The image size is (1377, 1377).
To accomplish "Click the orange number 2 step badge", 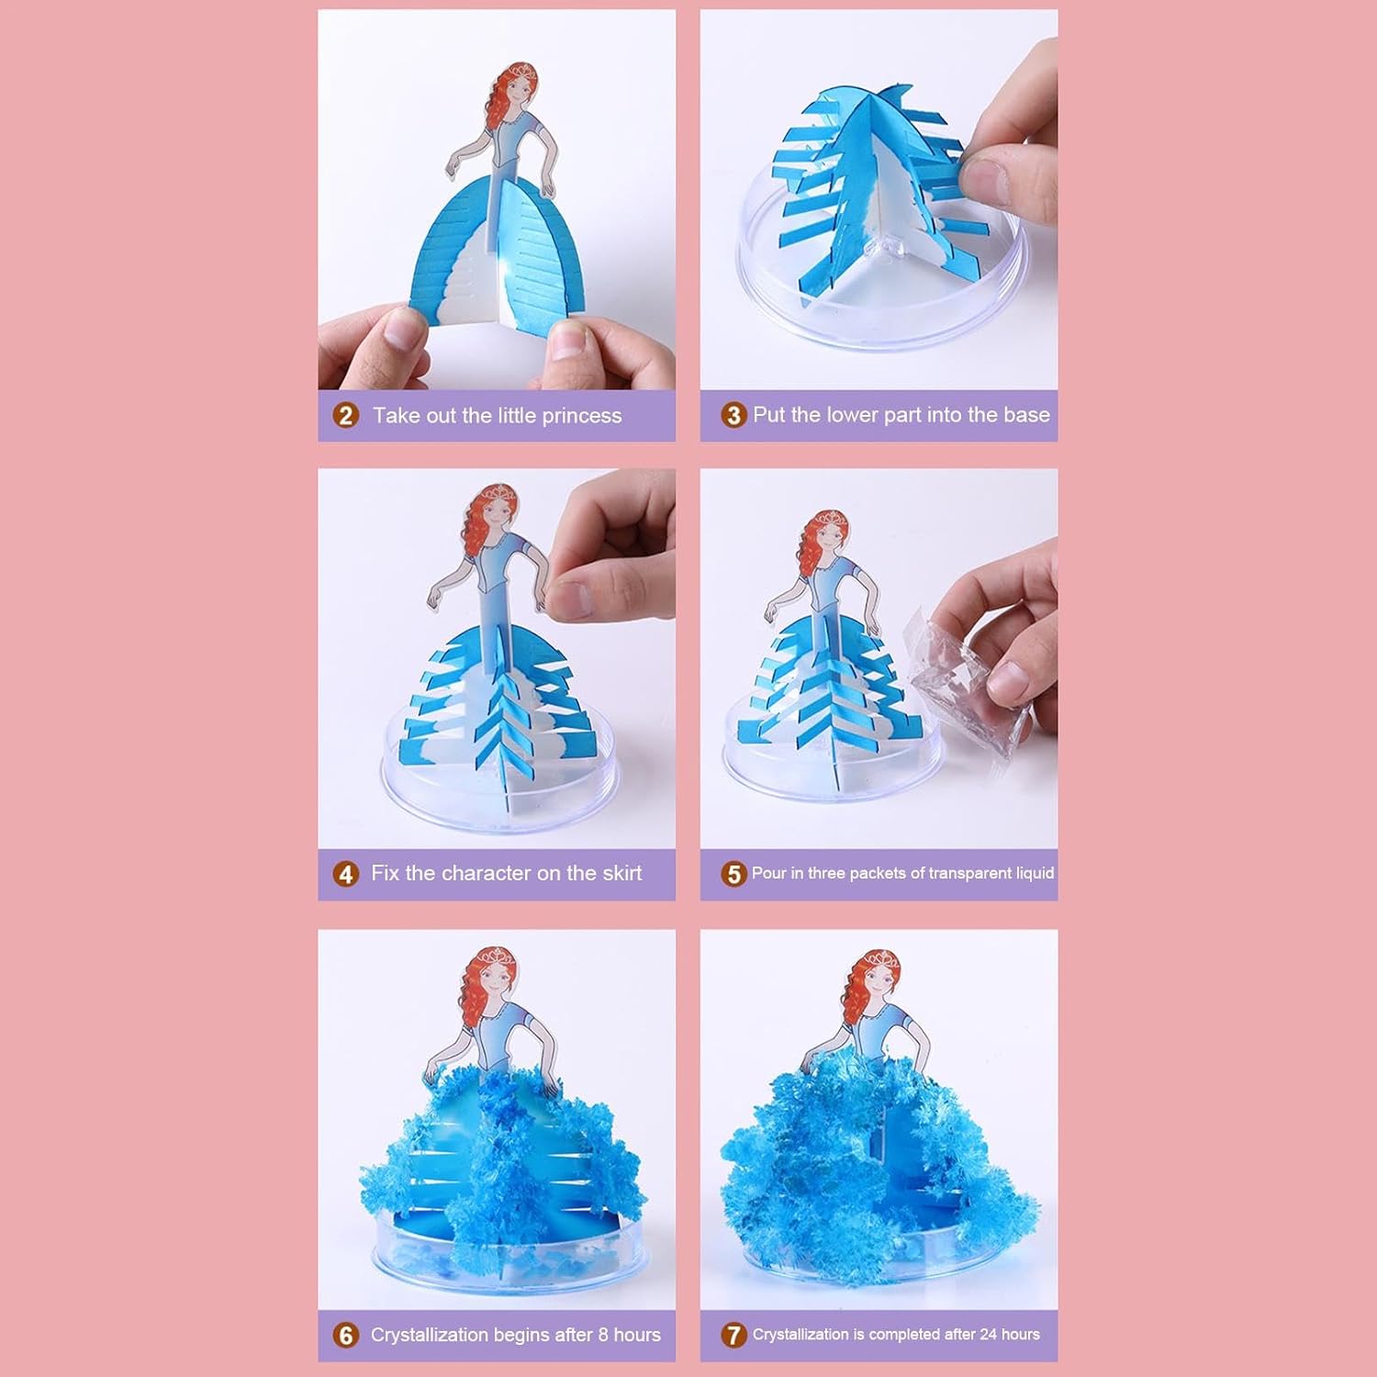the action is coord(345,416).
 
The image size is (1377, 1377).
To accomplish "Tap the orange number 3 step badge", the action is coord(733,415).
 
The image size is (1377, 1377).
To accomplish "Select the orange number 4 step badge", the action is coord(345,874).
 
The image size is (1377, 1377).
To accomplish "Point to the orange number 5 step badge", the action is coord(733,874).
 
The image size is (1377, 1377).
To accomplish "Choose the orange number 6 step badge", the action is coord(345,1335).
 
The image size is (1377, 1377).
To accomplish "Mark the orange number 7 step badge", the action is coord(733,1335).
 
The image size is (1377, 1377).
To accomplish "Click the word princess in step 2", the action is coord(582,417).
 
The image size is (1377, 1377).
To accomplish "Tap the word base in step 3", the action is coord(1026,415).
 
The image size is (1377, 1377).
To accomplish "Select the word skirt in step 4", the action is coord(617,873).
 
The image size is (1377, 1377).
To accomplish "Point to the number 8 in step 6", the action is coord(603,1335).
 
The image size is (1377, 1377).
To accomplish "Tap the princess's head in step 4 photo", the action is coord(496,514).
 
